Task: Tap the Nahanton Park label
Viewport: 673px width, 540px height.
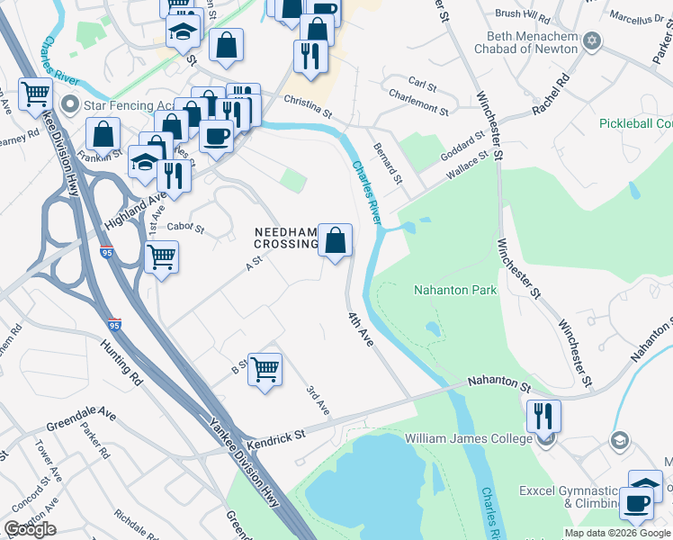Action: click(x=455, y=290)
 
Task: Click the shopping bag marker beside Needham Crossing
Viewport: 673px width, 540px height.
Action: click(x=335, y=241)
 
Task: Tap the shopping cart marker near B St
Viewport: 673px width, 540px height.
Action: click(x=265, y=370)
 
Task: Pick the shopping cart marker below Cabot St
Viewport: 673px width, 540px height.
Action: click(x=161, y=257)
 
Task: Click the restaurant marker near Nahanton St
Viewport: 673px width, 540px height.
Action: click(x=543, y=416)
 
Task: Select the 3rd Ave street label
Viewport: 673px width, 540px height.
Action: click(x=318, y=400)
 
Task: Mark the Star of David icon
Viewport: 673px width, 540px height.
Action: click(x=592, y=41)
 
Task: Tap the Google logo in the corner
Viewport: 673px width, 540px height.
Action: click(x=30, y=529)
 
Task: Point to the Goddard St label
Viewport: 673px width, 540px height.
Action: click(x=463, y=144)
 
